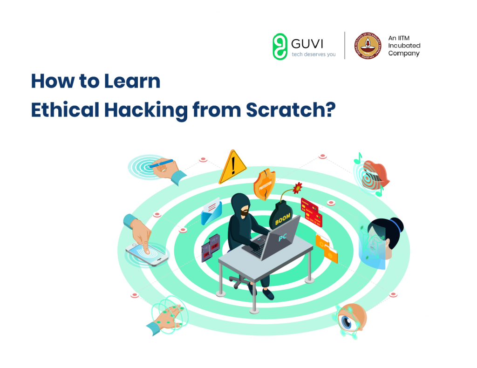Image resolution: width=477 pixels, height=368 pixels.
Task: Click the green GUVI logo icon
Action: [x=279, y=46]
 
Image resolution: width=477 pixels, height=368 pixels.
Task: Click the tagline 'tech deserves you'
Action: [x=313, y=55]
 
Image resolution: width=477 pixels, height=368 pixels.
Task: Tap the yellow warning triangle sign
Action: [x=232, y=167]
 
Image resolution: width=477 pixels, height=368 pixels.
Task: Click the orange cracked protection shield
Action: [x=264, y=184]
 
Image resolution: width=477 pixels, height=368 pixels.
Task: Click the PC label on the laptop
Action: [x=282, y=238]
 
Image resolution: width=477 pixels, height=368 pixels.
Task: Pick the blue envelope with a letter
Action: [x=211, y=211]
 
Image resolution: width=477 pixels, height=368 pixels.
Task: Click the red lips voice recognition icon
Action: [x=376, y=173]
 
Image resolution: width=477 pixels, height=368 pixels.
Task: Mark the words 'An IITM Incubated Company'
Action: [x=404, y=46]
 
